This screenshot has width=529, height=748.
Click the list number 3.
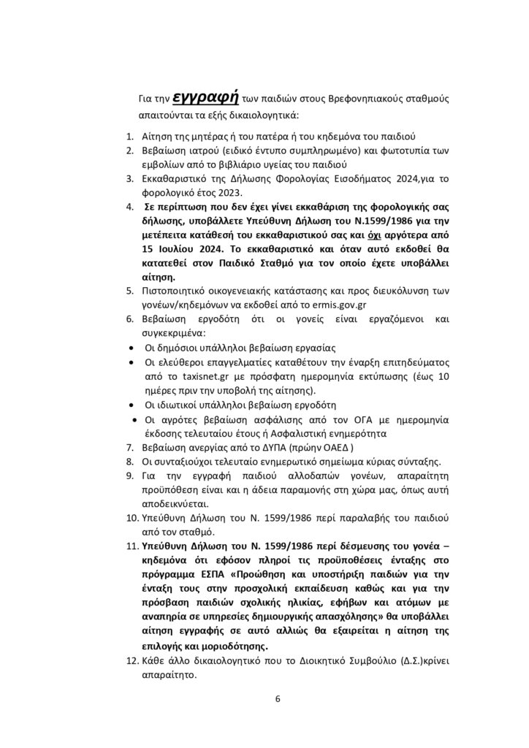128,178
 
